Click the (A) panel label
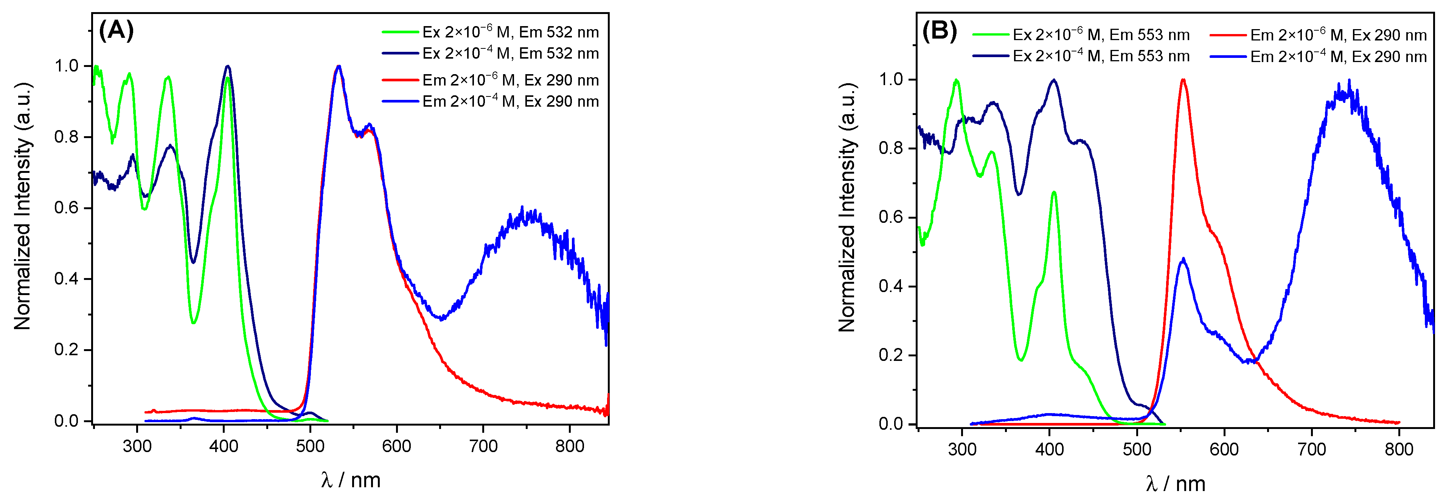116,30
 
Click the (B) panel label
940,31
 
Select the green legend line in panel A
400,32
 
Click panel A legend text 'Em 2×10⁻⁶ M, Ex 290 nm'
510,80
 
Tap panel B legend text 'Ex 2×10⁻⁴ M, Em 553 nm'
1101,56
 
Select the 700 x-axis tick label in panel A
483,446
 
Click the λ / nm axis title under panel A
351,480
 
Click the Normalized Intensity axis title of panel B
847,208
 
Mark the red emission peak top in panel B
1183,80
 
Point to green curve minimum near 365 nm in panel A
194,322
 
